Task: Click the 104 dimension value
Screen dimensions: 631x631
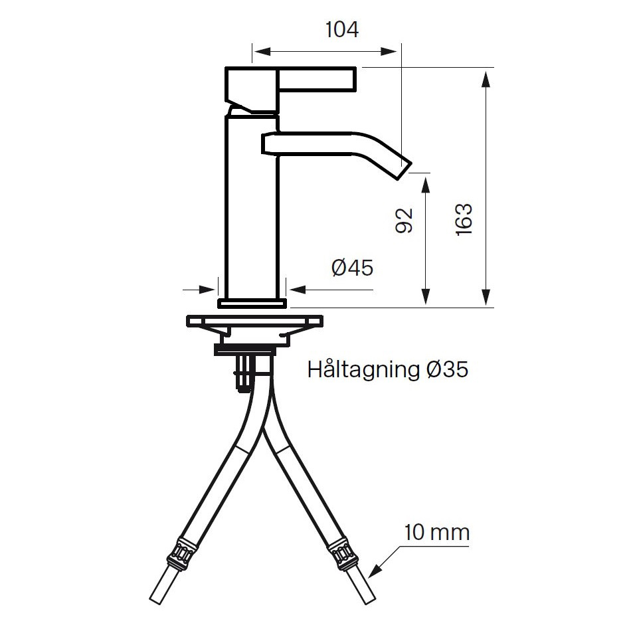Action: (x=342, y=30)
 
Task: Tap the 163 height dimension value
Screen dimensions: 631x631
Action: (x=464, y=219)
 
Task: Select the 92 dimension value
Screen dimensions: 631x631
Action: (x=405, y=221)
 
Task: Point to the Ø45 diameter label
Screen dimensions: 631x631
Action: (x=351, y=268)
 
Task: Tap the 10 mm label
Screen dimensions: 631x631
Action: (x=436, y=532)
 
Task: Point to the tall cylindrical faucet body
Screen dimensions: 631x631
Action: (x=252, y=206)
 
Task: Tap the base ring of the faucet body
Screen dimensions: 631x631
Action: (x=252, y=304)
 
